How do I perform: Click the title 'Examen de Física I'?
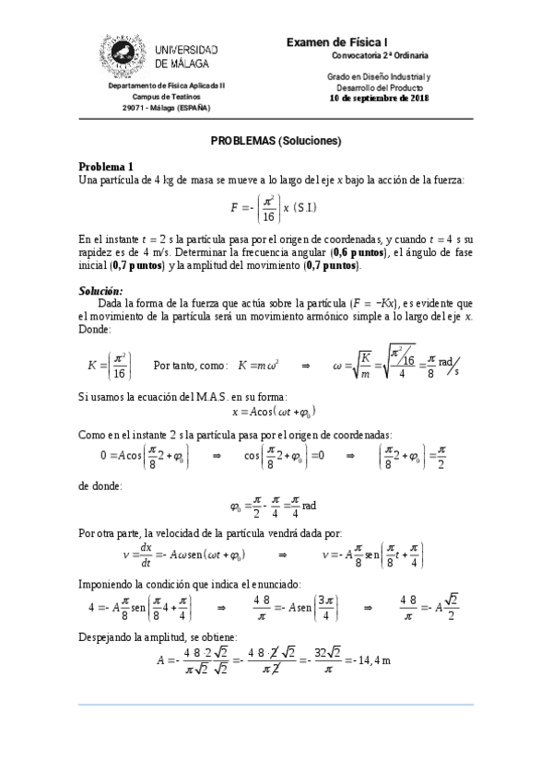point(338,41)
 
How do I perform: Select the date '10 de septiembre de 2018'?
point(379,98)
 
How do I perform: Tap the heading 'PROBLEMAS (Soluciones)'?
point(276,141)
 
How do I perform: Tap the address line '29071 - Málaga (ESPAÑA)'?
point(167,107)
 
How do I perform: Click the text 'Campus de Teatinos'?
point(167,96)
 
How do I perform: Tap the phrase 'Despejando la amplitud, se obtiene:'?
point(158,637)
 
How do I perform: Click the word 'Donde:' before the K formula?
point(95,329)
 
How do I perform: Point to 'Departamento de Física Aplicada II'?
point(167,85)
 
